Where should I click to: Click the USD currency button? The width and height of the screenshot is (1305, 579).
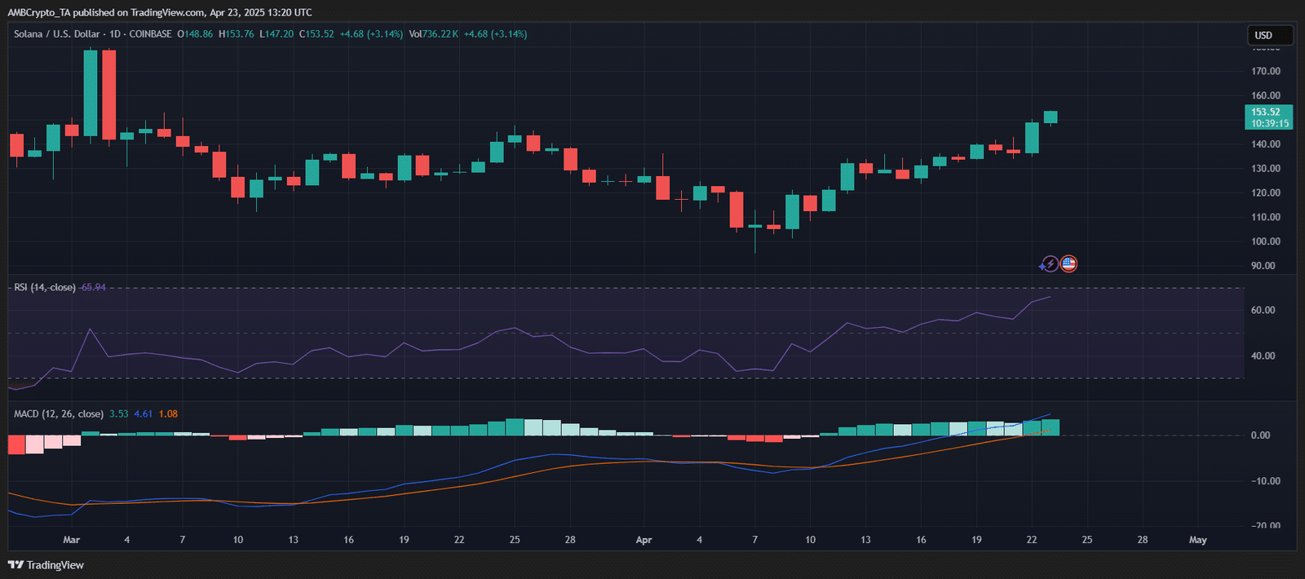pyautogui.click(x=1269, y=35)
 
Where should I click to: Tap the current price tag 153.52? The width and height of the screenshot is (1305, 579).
pyautogui.click(x=1268, y=113)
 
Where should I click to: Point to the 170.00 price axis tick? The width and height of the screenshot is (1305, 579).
pyautogui.click(x=1265, y=72)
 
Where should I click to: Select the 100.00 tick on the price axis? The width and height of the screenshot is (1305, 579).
pyautogui.click(x=1265, y=241)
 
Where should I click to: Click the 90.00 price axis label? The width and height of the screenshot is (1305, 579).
pyautogui.click(x=1263, y=266)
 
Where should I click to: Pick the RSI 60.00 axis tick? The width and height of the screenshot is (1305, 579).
pyautogui.click(x=1263, y=310)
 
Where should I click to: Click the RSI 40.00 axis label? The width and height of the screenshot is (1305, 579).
pyautogui.click(x=1263, y=356)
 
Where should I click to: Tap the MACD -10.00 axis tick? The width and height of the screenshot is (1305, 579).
pyautogui.click(x=1265, y=481)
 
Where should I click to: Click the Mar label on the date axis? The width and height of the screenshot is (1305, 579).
pyautogui.click(x=72, y=540)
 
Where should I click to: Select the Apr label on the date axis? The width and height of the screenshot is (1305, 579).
pyautogui.click(x=644, y=540)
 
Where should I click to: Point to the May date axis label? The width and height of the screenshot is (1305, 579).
pyautogui.click(x=1197, y=540)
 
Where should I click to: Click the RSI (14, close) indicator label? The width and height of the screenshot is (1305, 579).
pyautogui.click(x=45, y=287)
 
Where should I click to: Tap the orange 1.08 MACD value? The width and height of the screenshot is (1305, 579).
pyautogui.click(x=168, y=414)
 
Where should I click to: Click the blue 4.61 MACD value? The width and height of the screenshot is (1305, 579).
pyautogui.click(x=144, y=414)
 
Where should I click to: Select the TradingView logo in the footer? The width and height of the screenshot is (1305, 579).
pyautogui.click(x=46, y=565)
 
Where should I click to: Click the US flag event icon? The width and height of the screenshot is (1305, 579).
pyautogui.click(x=1068, y=263)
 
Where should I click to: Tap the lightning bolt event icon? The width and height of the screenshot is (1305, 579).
pyautogui.click(x=1050, y=263)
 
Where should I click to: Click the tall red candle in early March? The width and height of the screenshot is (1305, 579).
pyautogui.click(x=108, y=95)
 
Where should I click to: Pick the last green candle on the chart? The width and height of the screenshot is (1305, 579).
pyautogui.click(x=1051, y=117)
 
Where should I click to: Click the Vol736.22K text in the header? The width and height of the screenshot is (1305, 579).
pyautogui.click(x=433, y=34)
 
